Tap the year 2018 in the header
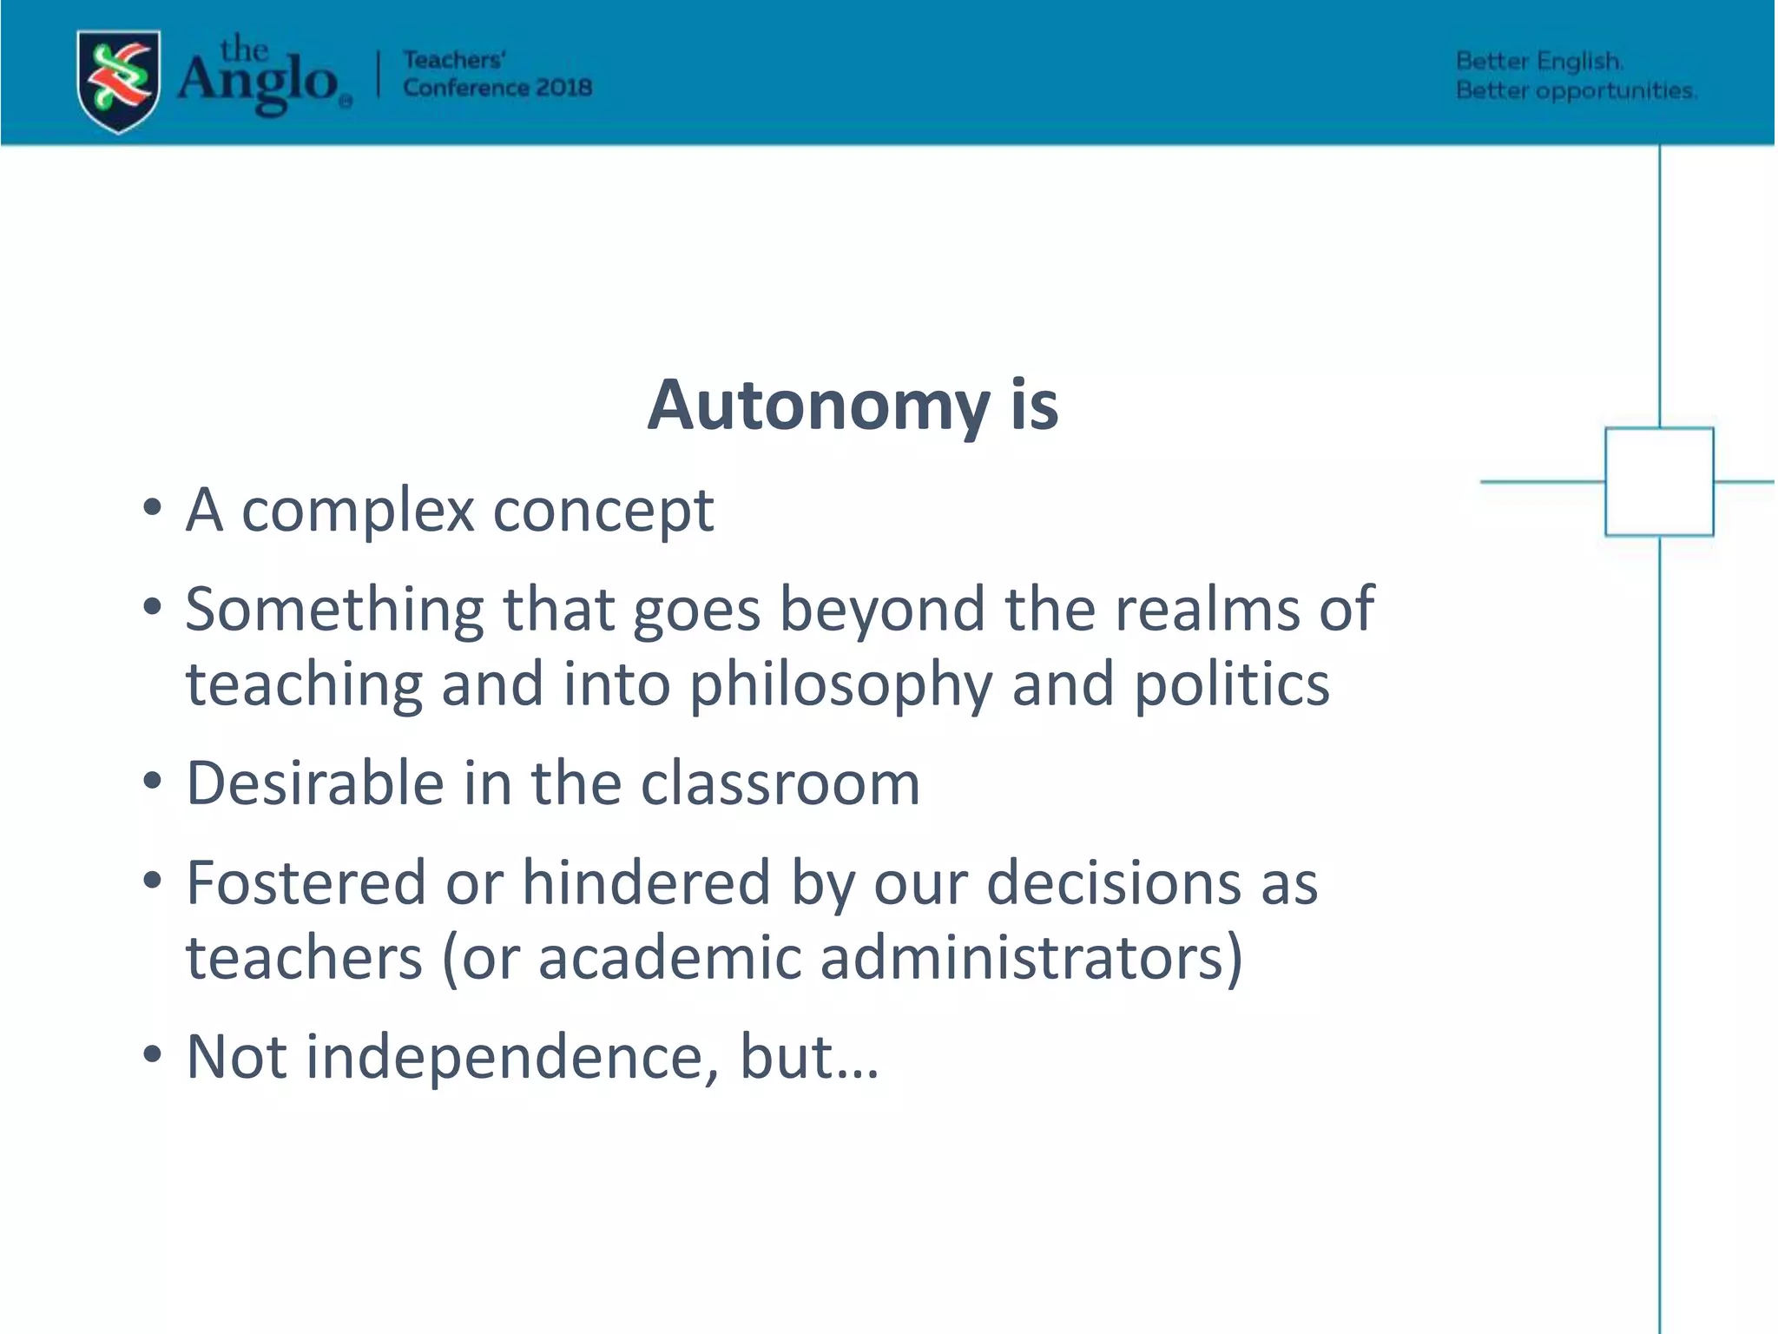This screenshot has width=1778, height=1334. click(x=563, y=88)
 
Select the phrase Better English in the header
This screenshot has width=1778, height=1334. click(x=1538, y=62)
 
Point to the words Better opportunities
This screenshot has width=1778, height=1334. click(x=1575, y=90)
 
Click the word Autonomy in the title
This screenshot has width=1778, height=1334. click(x=818, y=406)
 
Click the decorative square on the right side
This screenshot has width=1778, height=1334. click(x=1658, y=481)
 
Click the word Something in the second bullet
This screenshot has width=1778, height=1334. click(x=334, y=610)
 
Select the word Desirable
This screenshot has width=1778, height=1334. click(x=315, y=783)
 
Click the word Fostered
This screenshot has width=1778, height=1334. click(x=306, y=883)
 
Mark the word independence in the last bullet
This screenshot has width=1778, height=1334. click(x=512, y=1057)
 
